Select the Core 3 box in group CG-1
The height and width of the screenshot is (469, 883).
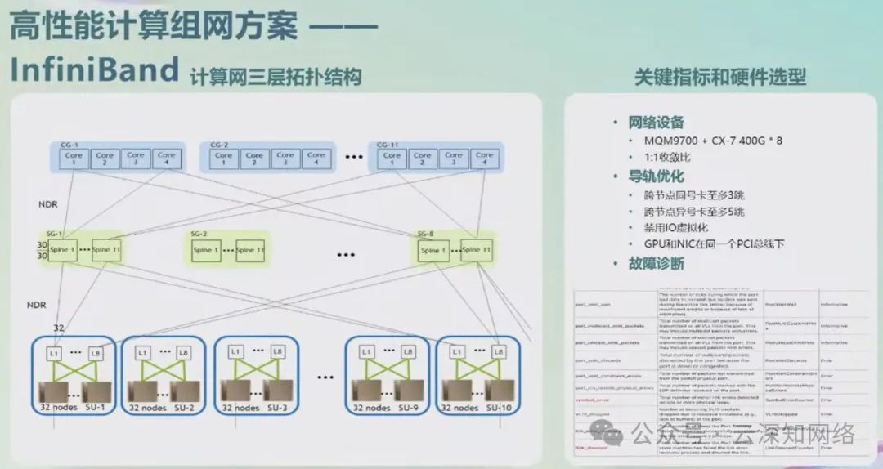point(136,159)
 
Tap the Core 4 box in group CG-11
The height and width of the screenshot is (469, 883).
point(485,159)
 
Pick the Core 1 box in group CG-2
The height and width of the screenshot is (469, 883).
point(224,159)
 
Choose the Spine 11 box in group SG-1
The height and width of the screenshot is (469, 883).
point(106,250)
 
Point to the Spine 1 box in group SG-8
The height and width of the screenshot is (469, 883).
point(431,250)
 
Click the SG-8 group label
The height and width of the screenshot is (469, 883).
point(426,234)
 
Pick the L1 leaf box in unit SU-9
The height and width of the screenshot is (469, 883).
point(365,352)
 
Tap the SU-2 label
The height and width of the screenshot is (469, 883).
point(185,406)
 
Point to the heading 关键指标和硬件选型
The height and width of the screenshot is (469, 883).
point(720,77)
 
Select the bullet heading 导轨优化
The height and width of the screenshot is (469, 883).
point(656,176)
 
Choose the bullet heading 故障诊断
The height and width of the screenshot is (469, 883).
point(656,264)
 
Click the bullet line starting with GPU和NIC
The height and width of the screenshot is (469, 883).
point(708,244)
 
